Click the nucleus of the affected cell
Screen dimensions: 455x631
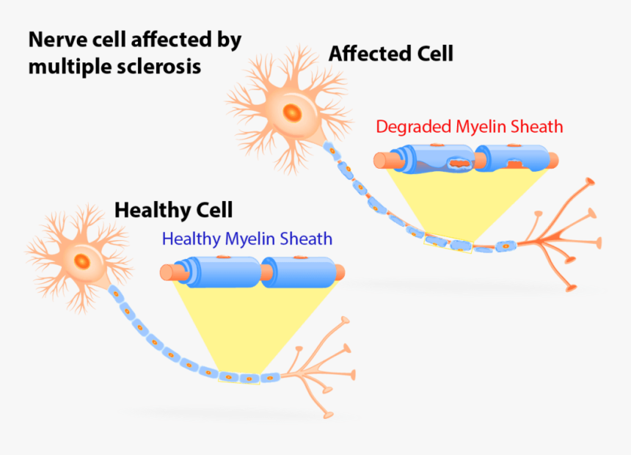tap(293, 112)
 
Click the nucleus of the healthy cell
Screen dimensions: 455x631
tap(83, 261)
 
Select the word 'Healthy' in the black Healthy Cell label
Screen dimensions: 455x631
tap(151, 210)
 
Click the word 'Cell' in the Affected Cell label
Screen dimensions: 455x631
tap(433, 54)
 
